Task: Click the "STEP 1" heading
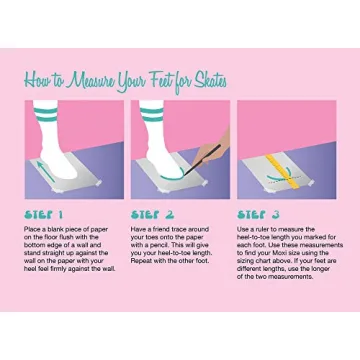44,214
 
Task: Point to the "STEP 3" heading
257,214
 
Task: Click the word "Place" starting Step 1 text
32,229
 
